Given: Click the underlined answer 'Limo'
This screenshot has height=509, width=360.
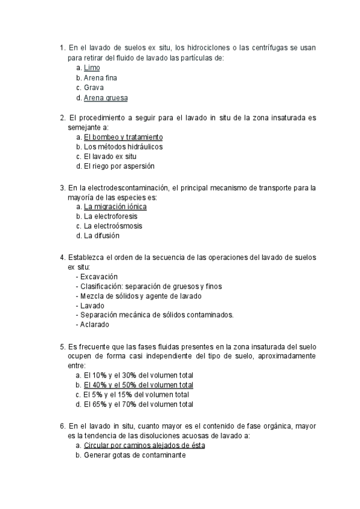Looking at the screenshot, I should tap(92, 68).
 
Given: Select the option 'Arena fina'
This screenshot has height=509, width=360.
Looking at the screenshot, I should tap(100, 77).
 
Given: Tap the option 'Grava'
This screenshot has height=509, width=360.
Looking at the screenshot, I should tap(94, 88).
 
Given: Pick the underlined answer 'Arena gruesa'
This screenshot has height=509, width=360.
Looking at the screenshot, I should tap(106, 97).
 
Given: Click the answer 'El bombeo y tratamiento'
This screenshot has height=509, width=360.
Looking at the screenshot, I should tap(123, 137).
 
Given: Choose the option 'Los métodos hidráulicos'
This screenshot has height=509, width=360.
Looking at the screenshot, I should tap(123, 146).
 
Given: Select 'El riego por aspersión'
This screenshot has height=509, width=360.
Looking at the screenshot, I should tap(119, 166).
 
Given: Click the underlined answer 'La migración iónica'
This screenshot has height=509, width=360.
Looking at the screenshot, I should tap(115, 206).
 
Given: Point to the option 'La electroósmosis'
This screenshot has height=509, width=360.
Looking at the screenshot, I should tap(113, 226).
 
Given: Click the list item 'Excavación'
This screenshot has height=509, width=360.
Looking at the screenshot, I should tap(98, 276).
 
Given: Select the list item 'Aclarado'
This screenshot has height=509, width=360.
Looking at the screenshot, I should tap(95, 325).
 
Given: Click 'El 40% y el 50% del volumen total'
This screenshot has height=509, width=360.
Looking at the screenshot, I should tap(138, 385).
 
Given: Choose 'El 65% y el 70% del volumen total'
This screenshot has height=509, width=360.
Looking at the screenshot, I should tap(138, 405).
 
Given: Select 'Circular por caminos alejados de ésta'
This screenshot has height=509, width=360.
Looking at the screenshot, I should tap(144, 446).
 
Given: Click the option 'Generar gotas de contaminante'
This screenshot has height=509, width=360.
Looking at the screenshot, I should tap(134, 456).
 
